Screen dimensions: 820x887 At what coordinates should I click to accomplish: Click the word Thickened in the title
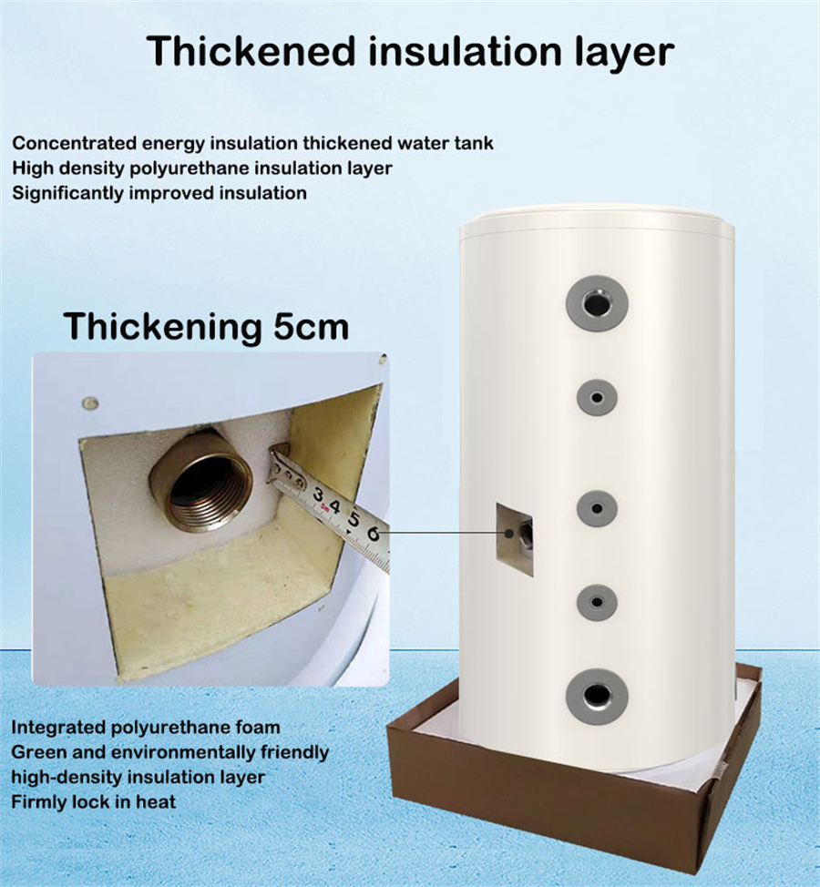pos(251,51)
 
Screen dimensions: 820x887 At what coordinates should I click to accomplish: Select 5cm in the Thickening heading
pos(312,327)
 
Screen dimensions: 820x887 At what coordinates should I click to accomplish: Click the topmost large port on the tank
pos(597,303)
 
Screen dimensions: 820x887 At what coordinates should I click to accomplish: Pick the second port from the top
pos(597,397)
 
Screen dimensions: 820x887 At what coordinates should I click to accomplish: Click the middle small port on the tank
pos(597,508)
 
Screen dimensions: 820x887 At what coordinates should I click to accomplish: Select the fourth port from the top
pos(597,601)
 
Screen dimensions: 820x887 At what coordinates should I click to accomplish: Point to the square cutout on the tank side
pos(515,539)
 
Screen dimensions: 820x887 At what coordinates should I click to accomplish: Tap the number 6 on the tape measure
pos(373,534)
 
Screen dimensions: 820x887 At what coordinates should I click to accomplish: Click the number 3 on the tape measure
pos(319,494)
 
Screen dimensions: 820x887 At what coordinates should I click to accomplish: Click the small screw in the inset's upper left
pos(90,404)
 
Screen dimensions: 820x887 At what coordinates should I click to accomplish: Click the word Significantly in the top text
pos(68,193)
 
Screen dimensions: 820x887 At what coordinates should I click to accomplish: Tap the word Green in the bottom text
pos(38,752)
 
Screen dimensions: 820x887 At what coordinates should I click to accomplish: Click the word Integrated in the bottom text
pos(58,727)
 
